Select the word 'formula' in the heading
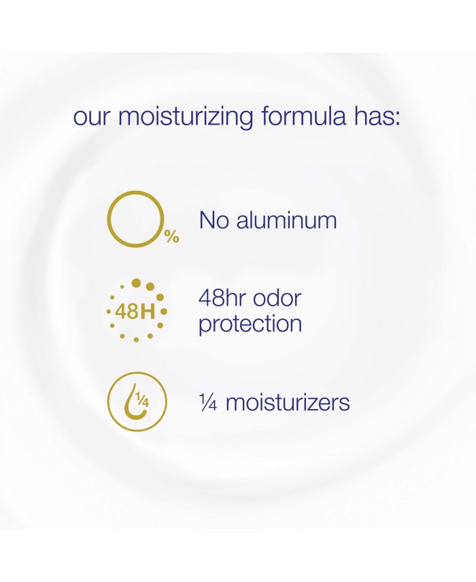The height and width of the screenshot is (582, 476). tap(303, 116)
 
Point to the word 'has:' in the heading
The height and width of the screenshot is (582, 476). tap(377, 116)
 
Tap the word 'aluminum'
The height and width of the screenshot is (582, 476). tap(286, 220)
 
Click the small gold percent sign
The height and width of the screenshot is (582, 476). tap(171, 236)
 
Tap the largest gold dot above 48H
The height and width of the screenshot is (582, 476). tap(137, 283)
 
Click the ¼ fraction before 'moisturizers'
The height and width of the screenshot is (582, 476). tap(207, 402)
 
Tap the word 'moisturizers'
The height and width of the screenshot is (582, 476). tap(288, 402)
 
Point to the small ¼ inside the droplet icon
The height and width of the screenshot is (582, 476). tap(142, 400)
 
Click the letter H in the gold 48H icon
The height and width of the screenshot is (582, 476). tap(148, 312)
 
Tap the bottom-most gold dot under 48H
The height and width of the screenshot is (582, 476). tap(137, 340)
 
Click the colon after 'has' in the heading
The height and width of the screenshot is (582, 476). tap(396, 118)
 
